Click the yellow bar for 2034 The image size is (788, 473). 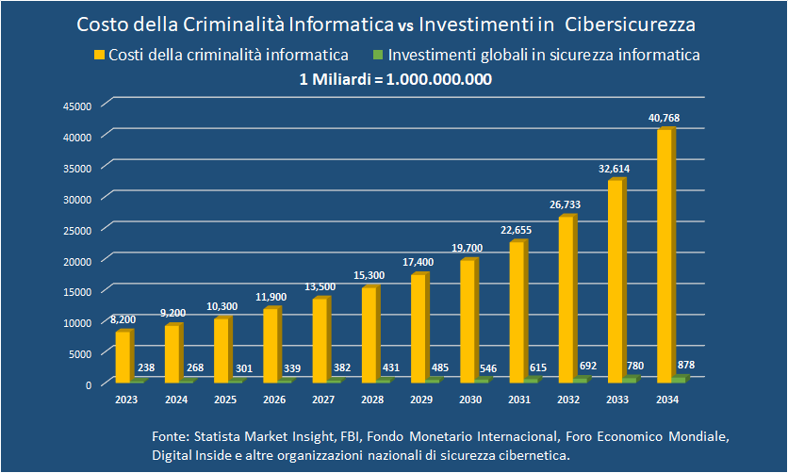665,255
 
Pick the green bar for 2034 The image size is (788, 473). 679,379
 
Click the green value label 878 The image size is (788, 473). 685,365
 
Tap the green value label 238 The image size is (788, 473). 145,368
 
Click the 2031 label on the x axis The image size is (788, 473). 518,400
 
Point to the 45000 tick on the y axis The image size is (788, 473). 78,106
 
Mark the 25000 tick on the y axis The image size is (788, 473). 78,229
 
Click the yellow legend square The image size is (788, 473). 98,56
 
